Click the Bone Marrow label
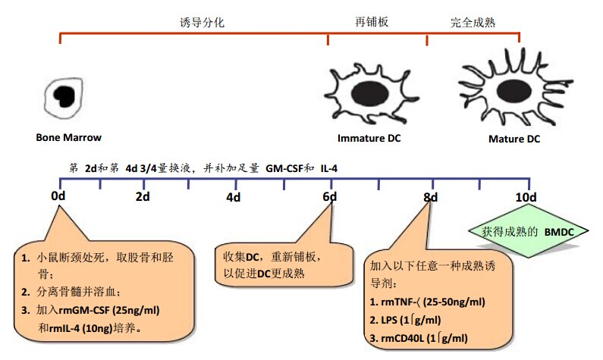point(68,137)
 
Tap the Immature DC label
point(369,138)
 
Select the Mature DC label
point(514,139)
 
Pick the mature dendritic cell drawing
point(510,89)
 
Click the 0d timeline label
point(58,197)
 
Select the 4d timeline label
point(233,197)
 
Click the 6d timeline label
point(329,197)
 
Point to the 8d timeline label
point(431,197)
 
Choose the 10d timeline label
point(526,197)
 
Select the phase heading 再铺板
point(372,23)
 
